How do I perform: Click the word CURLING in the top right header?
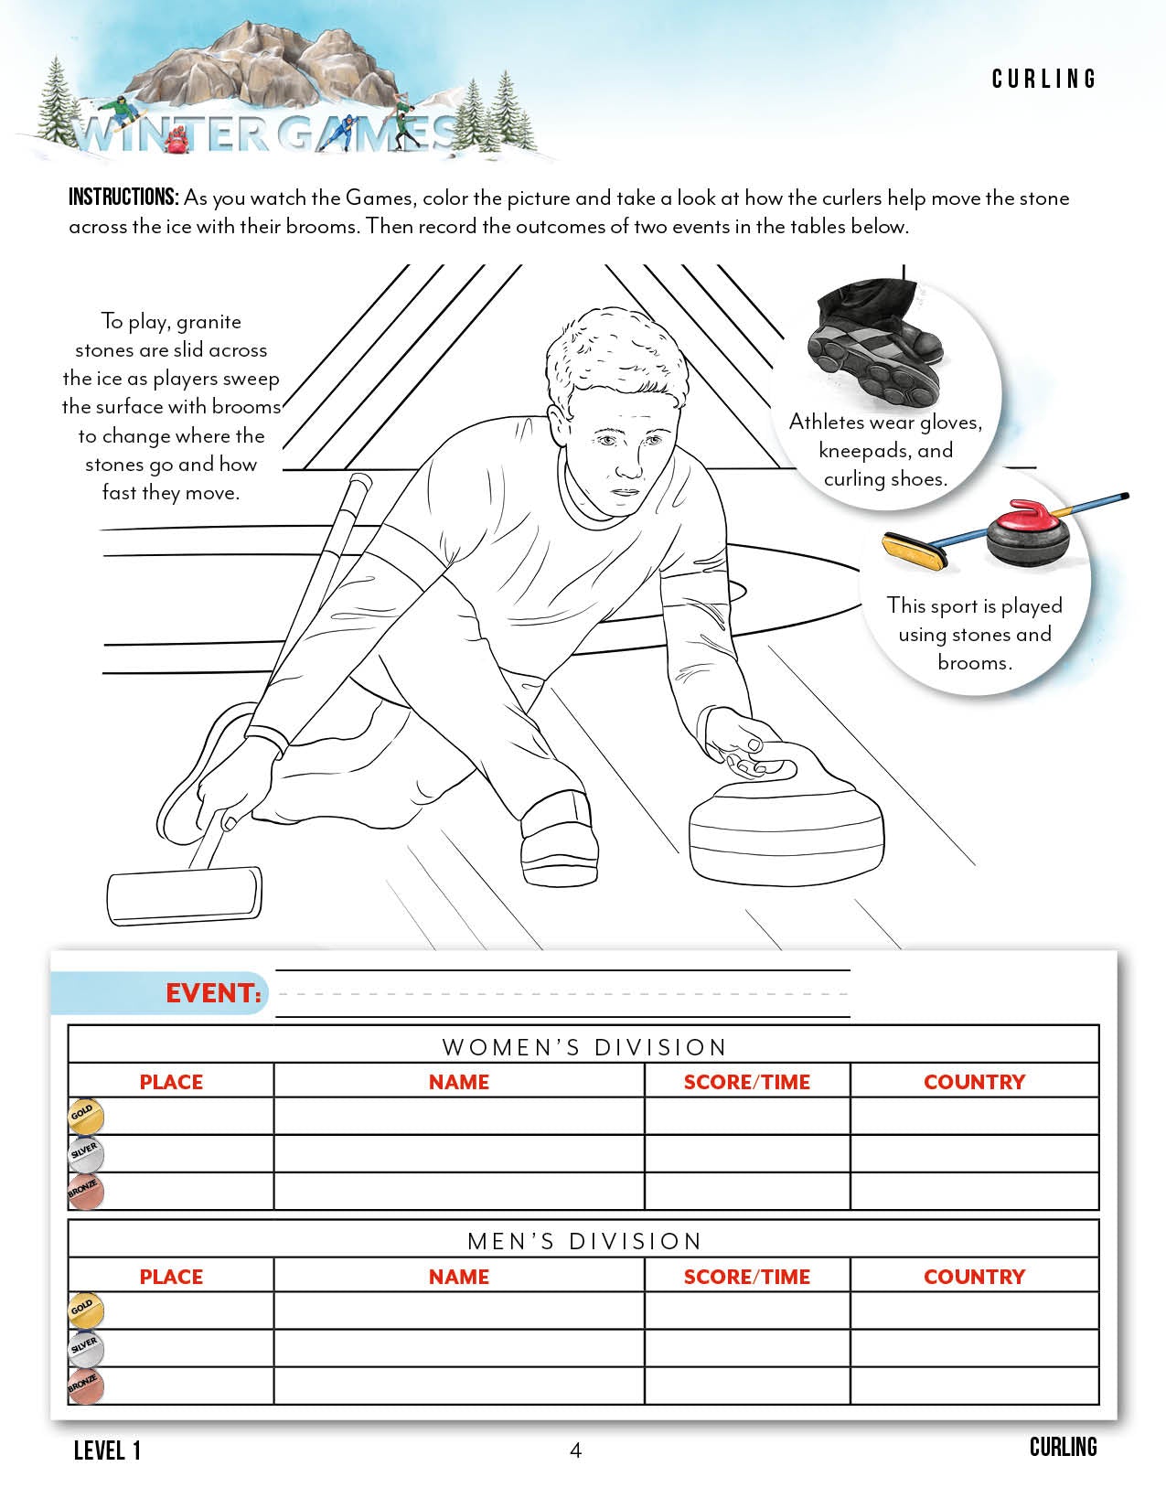pos(1043,80)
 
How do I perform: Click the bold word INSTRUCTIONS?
pos(123,198)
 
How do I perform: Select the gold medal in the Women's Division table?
pos(86,1117)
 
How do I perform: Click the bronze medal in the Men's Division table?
pos(86,1386)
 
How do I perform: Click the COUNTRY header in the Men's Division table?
pos(974,1276)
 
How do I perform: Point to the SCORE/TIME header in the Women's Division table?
pos(746,1082)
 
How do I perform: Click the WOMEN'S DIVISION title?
pos(583,1047)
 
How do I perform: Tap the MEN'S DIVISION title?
pos(583,1241)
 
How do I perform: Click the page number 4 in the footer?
pos(575,1450)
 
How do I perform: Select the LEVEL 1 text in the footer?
pos(107,1450)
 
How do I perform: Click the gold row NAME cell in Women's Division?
pos(459,1117)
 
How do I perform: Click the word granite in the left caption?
pos(209,322)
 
